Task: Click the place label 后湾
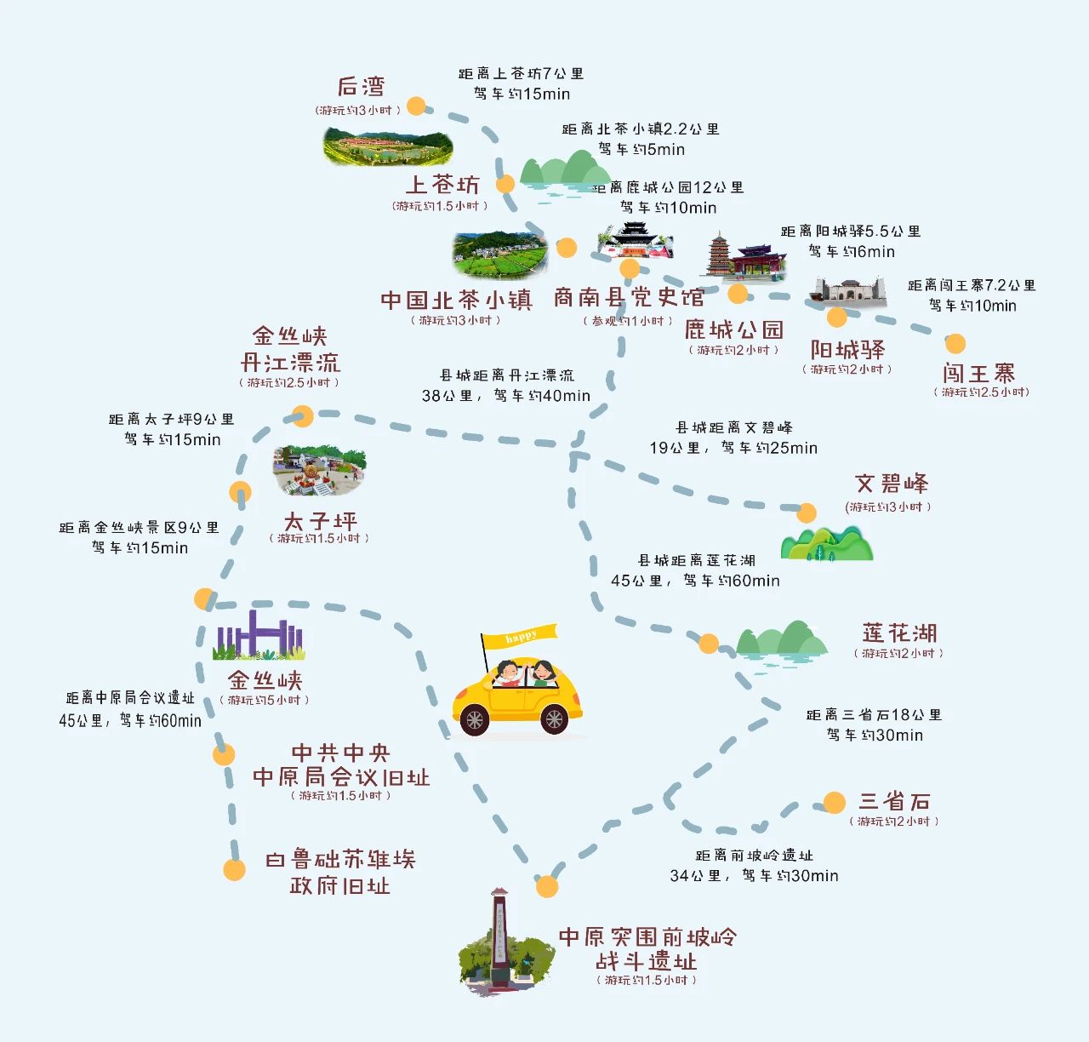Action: coord(361,86)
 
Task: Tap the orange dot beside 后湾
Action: coord(416,106)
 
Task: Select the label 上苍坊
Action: coord(442,184)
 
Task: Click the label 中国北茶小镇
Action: coord(456,301)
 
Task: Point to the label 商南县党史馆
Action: coord(629,297)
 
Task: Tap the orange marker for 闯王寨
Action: coord(955,343)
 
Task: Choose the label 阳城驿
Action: coord(847,349)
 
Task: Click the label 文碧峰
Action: coord(891,483)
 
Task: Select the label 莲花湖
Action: coord(899,633)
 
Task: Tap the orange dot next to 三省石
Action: coord(834,802)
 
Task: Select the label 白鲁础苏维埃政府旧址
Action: coord(340,872)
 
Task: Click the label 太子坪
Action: coord(320,521)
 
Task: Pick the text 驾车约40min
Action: coord(542,395)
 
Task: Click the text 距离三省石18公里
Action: coord(874,714)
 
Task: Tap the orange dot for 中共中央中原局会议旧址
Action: coord(223,755)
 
